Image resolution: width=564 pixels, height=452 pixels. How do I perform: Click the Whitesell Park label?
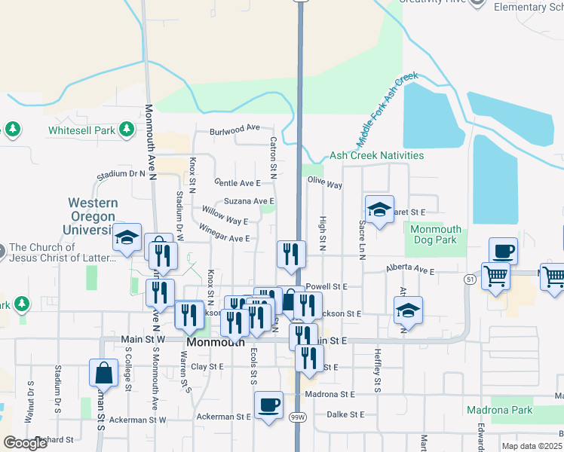[82, 130]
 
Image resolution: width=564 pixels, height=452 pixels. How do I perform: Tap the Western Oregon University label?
[93, 216]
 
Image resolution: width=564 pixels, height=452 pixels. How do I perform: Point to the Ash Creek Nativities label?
[376, 156]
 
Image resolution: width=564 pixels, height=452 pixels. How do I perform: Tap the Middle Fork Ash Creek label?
[387, 109]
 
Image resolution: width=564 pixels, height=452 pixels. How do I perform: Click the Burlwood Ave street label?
[234, 129]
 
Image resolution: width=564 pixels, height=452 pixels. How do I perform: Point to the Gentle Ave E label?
[237, 183]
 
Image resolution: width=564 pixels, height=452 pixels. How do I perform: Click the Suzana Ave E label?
[249, 201]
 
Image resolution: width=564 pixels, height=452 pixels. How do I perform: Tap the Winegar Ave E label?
[224, 238]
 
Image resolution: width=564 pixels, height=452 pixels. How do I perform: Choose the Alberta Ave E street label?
[411, 269]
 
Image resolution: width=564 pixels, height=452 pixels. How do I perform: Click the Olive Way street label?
[325, 184]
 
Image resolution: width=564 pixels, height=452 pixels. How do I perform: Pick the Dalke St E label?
[346, 414]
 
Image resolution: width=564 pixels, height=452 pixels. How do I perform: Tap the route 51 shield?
[469, 279]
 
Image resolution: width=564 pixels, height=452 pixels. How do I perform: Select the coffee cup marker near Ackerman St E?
[268, 405]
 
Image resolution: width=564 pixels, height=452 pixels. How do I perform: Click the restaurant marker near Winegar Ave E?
[291, 254]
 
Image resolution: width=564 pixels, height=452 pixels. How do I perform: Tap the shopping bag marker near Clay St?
[103, 373]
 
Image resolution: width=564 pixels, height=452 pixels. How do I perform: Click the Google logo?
[25, 444]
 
